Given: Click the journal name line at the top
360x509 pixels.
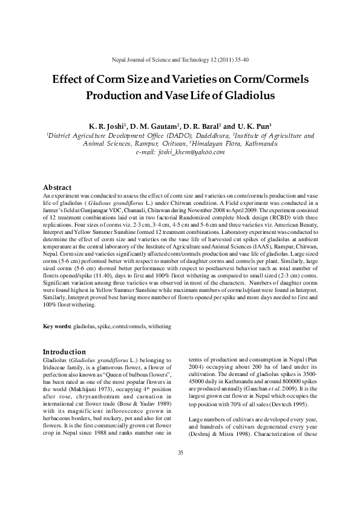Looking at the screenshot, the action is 180,61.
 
